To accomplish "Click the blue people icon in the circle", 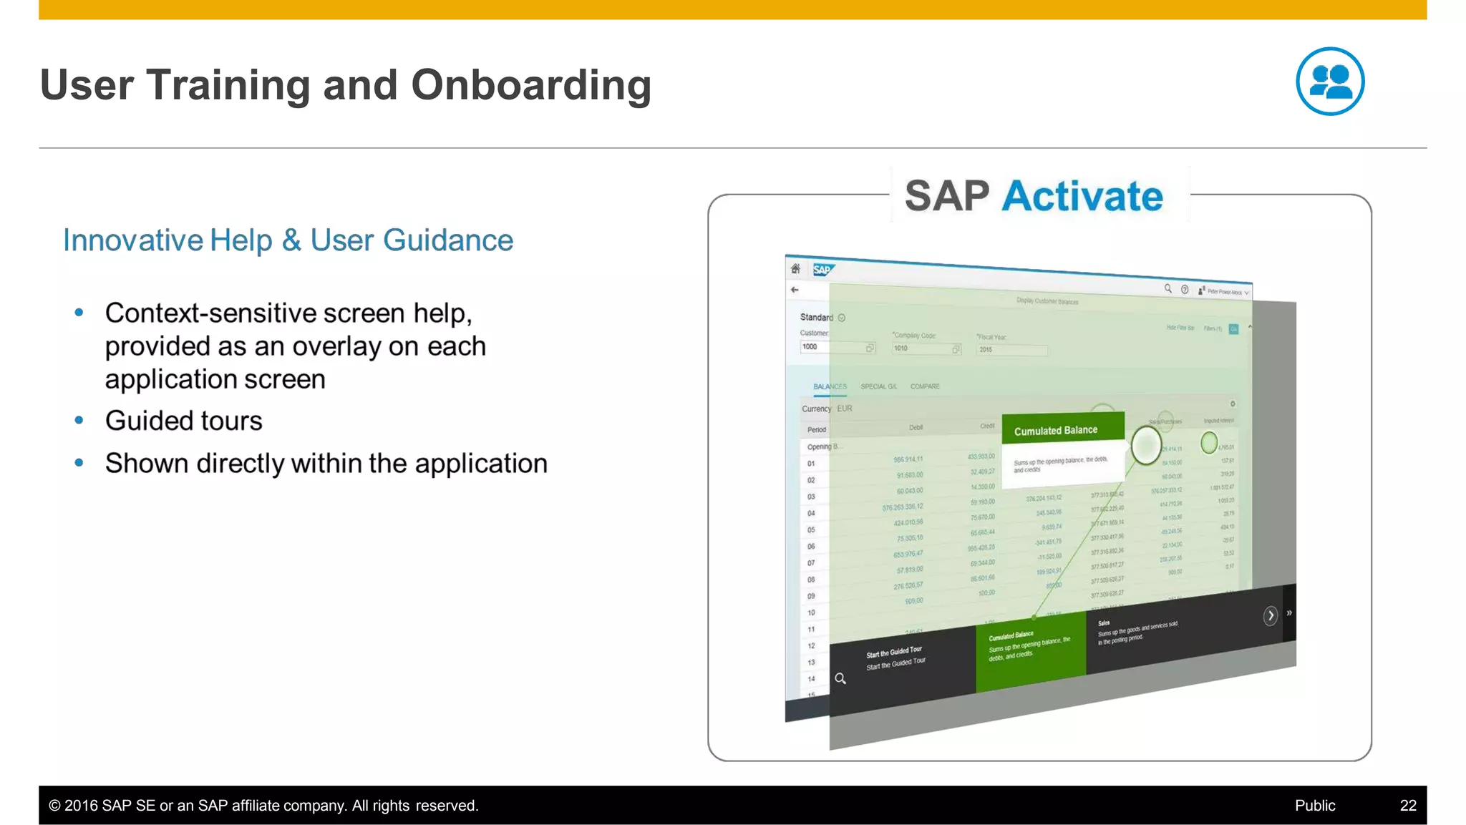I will click(x=1329, y=82).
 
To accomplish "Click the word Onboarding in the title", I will click(x=530, y=85).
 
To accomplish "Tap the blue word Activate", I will click(x=1082, y=196).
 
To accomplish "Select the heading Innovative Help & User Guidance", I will click(x=288, y=240).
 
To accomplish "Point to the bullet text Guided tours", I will click(x=183, y=421).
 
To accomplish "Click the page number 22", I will click(x=1407, y=805).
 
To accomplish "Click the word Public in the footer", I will click(x=1314, y=805).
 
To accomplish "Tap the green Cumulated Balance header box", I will click(x=1062, y=429).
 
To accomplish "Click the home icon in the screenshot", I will click(x=795, y=268).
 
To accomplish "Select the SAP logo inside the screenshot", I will click(x=822, y=270).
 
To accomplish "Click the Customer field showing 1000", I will click(x=835, y=347).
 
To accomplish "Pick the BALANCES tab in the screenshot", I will click(x=830, y=386).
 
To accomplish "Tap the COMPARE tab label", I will click(x=925, y=386).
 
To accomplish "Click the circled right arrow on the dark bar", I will click(x=1270, y=615).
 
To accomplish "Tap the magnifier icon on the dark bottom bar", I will click(x=840, y=678).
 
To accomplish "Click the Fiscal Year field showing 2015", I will click(x=1011, y=350).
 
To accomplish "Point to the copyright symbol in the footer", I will click(x=54, y=806).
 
